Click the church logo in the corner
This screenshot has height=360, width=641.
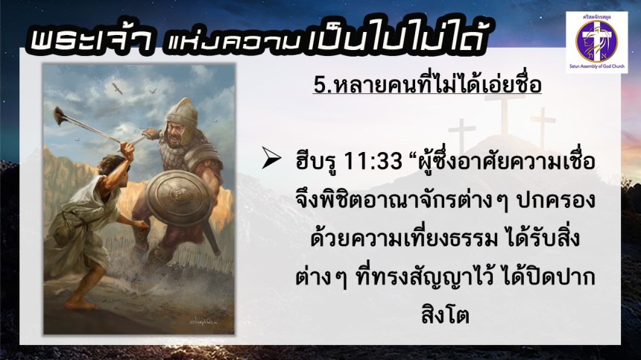pyautogui.click(x=596, y=42)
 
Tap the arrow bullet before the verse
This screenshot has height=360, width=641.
pyautogui.click(x=271, y=159)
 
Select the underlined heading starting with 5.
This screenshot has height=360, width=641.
pyautogui.click(x=427, y=83)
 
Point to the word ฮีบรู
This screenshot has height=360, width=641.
pyautogui.click(x=317, y=162)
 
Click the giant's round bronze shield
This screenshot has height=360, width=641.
pyautogui.click(x=175, y=198)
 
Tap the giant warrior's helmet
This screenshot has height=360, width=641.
pyautogui.click(x=183, y=113)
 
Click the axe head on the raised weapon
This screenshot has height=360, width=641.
pyautogui.click(x=60, y=116)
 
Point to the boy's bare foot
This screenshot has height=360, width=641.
pyautogui.click(x=78, y=304)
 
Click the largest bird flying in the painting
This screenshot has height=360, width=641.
pyautogui.click(x=117, y=88)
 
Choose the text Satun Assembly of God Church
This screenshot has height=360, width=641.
pyautogui.click(x=597, y=66)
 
